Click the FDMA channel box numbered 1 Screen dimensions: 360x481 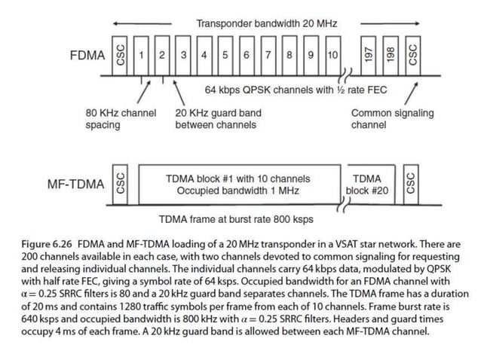tap(141, 56)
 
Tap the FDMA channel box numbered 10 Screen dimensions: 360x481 tap(332, 56)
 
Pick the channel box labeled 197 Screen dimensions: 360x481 tap(369, 56)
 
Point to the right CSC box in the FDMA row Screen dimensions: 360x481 tap(412, 56)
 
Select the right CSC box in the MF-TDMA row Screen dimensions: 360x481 tap(412, 184)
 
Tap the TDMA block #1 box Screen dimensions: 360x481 tap(237, 185)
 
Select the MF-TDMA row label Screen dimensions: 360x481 tap(75, 185)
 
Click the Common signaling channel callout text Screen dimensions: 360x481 tap(392, 119)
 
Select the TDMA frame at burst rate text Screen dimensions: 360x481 tap(237, 219)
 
